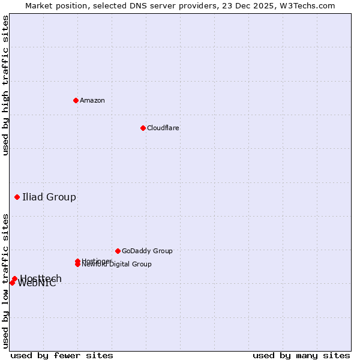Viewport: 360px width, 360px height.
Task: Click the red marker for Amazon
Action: point(76,100)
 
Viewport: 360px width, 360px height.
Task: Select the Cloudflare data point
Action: point(143,128)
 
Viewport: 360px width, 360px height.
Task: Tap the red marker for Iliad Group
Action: point(17,197)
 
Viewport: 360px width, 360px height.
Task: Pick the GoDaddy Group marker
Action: point(118,251)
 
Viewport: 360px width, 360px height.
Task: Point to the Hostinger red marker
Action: point(77,261)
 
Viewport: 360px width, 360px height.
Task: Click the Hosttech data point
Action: point(14,279)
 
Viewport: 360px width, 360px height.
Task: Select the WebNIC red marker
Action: point(12,283)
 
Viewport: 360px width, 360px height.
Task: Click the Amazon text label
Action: point(92,100)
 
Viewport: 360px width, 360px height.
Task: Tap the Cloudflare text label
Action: point(163,128)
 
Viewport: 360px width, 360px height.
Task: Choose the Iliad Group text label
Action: point(49,197)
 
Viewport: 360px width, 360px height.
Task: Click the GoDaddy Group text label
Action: point(147,251)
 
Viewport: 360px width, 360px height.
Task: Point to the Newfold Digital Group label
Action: point(117,265)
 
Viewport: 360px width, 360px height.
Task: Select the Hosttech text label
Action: point(41,278)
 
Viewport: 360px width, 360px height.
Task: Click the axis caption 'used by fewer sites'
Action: point(62,355)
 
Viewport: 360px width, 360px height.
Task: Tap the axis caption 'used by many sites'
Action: point(301,355)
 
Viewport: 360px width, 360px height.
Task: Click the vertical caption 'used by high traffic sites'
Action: point(5,85)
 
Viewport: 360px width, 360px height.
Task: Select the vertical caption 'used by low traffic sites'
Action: point(5,281)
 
